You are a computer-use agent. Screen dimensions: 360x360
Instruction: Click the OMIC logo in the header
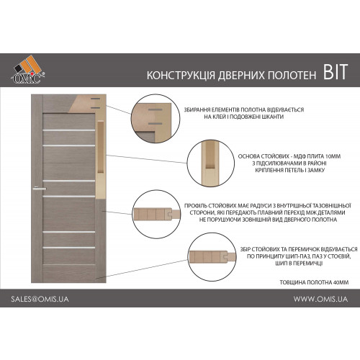(28, 70)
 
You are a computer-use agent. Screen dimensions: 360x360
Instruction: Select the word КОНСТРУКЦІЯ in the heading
(181, 75)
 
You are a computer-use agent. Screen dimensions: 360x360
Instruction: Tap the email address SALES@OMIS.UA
(40, 299)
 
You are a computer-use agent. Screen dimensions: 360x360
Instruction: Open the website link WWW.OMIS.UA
(320, 299)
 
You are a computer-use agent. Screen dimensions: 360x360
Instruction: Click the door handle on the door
(40, 189)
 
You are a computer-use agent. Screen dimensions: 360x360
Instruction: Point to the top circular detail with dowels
(156, 119)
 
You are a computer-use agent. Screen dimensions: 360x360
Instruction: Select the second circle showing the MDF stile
(211, 163)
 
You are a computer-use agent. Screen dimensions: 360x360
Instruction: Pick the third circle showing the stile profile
(156, 214)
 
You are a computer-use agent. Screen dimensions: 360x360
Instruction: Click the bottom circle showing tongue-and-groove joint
(212, 257)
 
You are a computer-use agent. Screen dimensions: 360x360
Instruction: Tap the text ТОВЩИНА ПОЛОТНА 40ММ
(314, 282)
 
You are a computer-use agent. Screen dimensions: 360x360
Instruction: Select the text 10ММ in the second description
(333, 156)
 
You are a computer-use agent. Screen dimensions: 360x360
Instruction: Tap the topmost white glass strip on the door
(69, 130)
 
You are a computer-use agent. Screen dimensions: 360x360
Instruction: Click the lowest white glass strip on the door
(69, 248)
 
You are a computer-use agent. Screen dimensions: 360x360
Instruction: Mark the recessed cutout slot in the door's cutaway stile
(101, 147)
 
